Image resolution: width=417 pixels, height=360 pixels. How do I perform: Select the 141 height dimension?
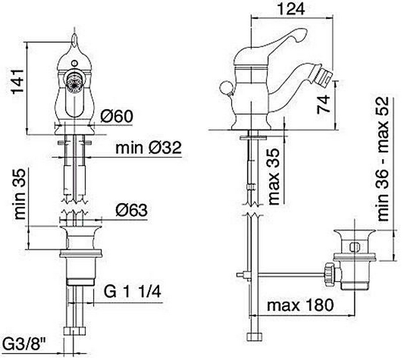click(x=18, y=82)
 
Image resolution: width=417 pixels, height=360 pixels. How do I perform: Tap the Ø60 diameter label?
click(x=117, y=117)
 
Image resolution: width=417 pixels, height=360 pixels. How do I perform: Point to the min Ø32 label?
click(x=149, y=148)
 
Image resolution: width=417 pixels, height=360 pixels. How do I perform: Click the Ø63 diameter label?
click(x=131, y=210)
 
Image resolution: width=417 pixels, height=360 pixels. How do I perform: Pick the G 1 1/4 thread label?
click(x=132, y=292)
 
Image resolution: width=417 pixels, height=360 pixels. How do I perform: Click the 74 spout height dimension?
click(x=324, y=105)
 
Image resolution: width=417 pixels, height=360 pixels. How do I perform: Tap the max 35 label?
click(x=274, y=177)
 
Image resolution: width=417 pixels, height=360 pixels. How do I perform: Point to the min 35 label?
click(x=19, y=194)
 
